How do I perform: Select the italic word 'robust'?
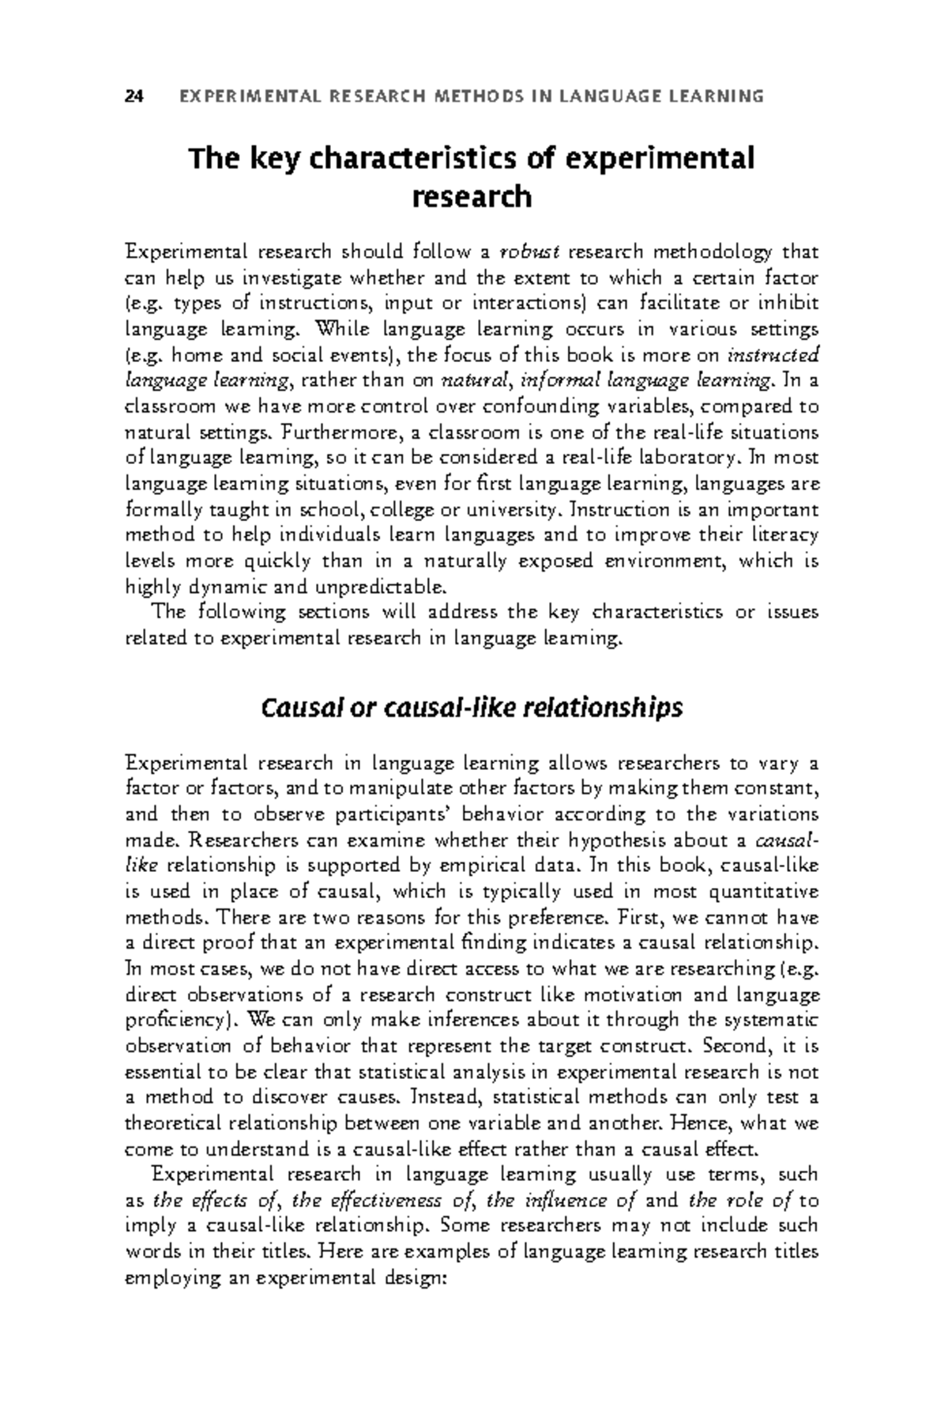tap(530, 252)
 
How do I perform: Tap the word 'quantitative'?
tap(765, 892)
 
